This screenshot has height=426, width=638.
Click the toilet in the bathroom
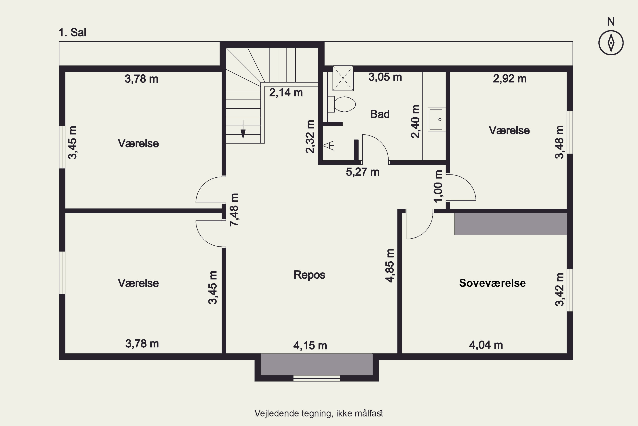(x=342, y=104)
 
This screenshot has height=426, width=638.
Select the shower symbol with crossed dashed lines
(x=343, y=78)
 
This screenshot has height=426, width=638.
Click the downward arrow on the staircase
(x=243, y=129)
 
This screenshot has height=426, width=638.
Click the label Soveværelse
(x=492, y=283)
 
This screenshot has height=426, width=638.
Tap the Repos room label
(x=309, y=275)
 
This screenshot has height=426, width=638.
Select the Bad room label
(x=380, y=114)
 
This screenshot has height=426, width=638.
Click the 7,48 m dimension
(x=234, y=210)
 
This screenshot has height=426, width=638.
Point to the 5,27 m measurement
(x=363, y=172)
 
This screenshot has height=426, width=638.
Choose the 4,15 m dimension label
(x=310, y=345)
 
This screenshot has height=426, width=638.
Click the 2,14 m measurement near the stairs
(x=286, y=93)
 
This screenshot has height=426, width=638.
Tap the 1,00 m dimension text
(x=438, y=186)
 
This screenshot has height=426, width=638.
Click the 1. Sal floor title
(x=73, y=32)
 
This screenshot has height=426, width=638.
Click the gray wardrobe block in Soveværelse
(x=511, y=224)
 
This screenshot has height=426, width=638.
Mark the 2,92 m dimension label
(x=510, y=79)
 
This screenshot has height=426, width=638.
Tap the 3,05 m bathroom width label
(x=385, y=77)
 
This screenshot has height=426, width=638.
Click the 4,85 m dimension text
(x=390, y=266)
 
